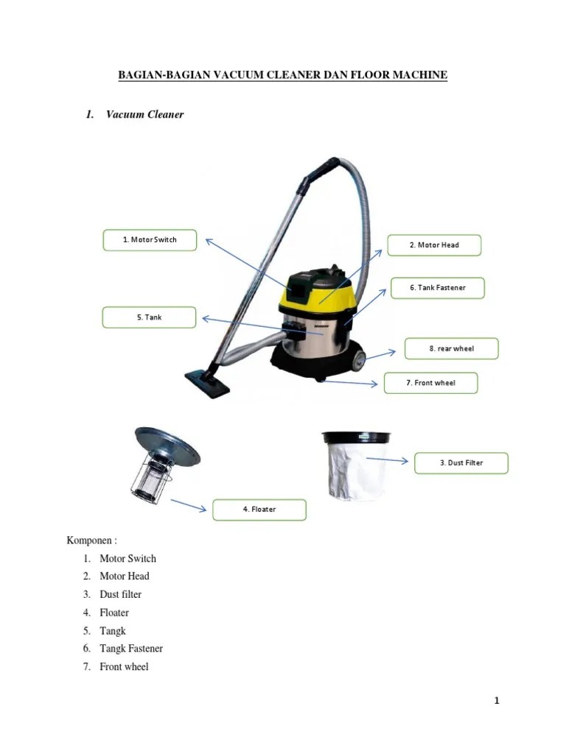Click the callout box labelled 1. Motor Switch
(x=150, y=240)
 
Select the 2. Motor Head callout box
(x=434, y=245)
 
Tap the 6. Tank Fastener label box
(x=437, y=288)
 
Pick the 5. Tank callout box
(x=149, y=317)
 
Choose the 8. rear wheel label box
(x=451, y=349)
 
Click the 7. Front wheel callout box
(x=430, y=383)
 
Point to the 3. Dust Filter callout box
(x=461, y=463)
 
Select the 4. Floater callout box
(x=259, y=510)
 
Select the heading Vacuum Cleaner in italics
(x=144, y=115)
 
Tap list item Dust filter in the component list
(x=120, y=594)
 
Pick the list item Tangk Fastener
(x=131, y=649)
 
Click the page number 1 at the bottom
(x=497, y=701)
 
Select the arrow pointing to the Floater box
(x=188, y=505)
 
